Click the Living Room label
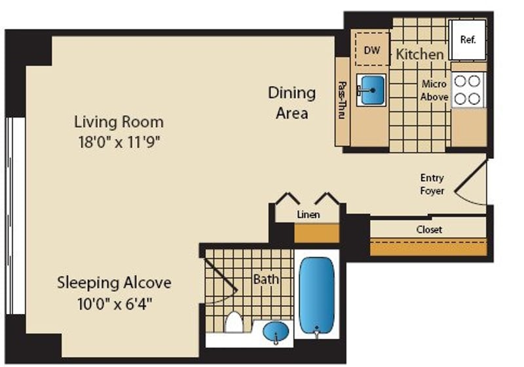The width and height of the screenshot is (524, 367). click(119, 122)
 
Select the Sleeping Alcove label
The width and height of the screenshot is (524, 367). click(114, 283)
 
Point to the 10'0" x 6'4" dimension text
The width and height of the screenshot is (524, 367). click(114, 304)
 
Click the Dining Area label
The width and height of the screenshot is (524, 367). click(291, 103)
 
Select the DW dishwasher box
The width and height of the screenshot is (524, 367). click(371, 50)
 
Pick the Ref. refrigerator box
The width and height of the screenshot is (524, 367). click(468, 40)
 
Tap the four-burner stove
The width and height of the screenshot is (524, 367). click(468, 90)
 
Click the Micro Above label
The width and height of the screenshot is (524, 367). click(434, 90)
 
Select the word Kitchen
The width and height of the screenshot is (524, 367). click(420, 54)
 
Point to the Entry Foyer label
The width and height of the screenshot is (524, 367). click(432, 184)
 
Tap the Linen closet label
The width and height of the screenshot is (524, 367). click(308, 215)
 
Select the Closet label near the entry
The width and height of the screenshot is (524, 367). click(429, 230)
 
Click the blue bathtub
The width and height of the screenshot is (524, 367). click(316, 295)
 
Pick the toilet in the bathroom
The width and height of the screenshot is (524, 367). click(234, 323)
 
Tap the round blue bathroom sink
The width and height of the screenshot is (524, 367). click(275, 332)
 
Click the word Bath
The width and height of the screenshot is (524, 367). click(266, 279)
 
